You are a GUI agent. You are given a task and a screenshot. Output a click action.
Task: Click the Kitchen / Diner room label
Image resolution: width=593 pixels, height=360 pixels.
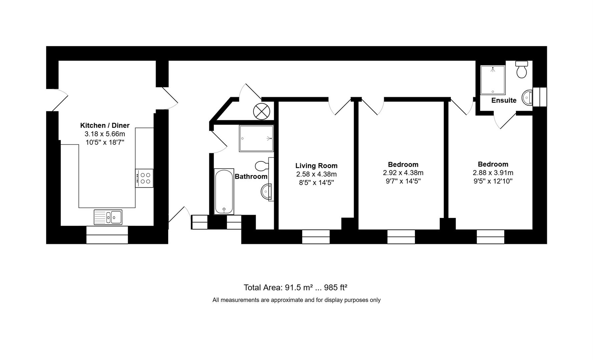[105, 125]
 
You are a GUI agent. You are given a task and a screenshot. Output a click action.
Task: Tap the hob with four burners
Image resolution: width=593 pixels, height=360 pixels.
[144, 178]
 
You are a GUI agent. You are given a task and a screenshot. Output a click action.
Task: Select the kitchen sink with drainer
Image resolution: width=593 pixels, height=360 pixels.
[108, 217]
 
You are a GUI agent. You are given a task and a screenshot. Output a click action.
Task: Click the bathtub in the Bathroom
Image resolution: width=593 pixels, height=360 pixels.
[224, 191]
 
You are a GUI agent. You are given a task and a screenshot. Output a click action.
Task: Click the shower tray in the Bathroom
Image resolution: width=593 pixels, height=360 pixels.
[256, 138]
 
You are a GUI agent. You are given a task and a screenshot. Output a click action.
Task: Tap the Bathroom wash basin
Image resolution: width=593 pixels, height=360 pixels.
[267, 192]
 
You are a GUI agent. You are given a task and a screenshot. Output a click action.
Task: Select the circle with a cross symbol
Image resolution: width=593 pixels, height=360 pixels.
[261, 111]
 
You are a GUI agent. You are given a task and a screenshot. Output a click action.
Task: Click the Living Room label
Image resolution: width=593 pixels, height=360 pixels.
[316, 166]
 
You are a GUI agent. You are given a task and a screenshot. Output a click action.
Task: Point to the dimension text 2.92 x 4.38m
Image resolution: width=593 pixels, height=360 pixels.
[403, 173]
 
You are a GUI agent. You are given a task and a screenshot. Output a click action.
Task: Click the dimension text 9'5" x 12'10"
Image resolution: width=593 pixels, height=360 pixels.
[493, 181]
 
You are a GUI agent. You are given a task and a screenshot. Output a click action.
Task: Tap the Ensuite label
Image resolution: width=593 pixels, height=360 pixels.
[504, 100]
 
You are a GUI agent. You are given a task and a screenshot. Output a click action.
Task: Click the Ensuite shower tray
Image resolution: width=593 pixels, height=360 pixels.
[493, 80]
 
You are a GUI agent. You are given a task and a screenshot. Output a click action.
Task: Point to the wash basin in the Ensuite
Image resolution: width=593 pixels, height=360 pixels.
[527, 98]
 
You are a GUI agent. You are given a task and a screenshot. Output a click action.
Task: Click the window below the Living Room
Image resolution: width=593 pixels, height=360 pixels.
[316, 237]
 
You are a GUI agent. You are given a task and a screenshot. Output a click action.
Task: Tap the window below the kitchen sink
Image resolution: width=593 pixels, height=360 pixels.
[107, 235]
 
